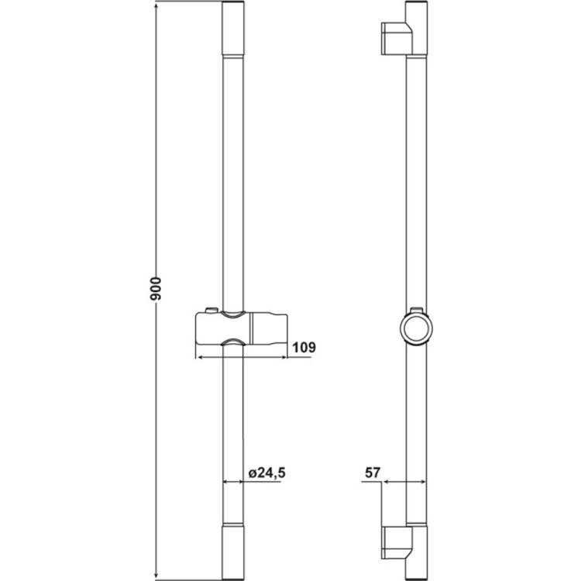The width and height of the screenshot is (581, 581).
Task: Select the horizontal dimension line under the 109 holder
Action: click(240, 358)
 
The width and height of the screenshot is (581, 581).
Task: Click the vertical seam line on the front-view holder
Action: click(249, 329)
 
